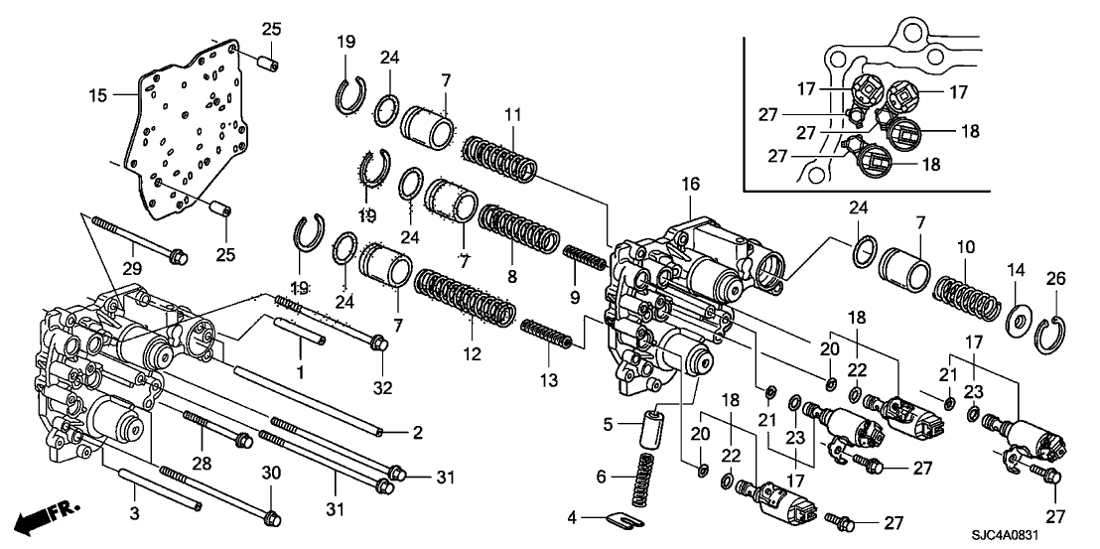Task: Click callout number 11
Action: (512, 117)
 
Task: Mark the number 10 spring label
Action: (961, 244)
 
